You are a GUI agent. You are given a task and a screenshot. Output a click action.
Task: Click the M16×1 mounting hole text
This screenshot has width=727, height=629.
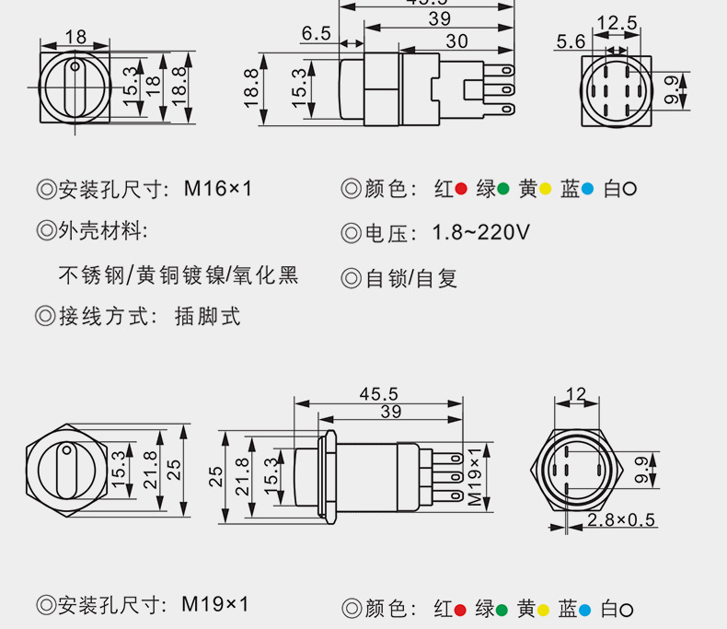click(x=218, y=190)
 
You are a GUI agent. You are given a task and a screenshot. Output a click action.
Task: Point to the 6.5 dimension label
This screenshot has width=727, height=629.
click(x=316, y=34)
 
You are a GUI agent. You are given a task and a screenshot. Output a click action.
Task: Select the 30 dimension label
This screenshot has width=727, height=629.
click(x=456, y=41)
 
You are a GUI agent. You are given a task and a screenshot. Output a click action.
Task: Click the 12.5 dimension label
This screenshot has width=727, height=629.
click(x=617, y=22)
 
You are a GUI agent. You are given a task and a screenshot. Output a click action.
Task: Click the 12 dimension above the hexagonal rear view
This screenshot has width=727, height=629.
click(x=576, y=395)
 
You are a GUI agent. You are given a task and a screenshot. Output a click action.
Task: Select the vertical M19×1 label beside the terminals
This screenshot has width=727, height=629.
click(x=475, y=476)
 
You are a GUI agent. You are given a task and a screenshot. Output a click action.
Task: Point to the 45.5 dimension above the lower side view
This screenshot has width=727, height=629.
click(x=378, y=393)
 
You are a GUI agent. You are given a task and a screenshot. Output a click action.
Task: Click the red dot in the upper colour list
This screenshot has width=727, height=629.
click(x=461, y=190)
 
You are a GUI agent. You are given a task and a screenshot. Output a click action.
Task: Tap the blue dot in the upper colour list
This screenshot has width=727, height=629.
click(x=587, y=190)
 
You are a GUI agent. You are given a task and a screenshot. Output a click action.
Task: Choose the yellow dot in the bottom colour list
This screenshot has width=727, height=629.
click(x=544, y=610)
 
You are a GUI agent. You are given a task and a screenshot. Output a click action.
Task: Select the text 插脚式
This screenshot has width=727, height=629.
click(x=207, y=317)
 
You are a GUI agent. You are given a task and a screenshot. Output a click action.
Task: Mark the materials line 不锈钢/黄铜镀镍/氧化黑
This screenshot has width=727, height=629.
click(x=179, y=275)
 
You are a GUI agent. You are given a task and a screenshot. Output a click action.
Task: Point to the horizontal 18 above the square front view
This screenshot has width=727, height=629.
click(x=75, y=37)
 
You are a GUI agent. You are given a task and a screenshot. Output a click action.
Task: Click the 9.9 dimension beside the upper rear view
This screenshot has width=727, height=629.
click(x=671, y=89)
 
